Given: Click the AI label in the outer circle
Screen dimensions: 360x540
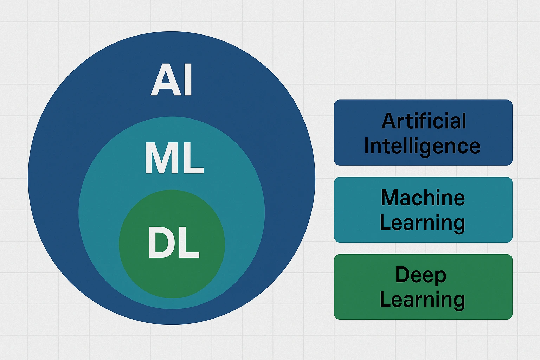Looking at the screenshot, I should pos(172,80).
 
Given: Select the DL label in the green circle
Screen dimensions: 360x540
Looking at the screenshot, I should pos(174,243).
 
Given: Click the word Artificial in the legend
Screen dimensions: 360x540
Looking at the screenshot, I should pos(424,121).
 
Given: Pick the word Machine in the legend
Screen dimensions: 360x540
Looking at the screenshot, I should pos(423,198).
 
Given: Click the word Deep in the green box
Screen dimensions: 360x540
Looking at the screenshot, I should pos(421,275).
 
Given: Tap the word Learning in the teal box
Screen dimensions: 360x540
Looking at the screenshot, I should pos(423,223).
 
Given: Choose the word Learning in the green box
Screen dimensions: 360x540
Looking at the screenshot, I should pos(423,300).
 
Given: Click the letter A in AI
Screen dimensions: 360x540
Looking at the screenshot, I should pos(162,80).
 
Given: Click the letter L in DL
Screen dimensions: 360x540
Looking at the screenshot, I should pos(189,243).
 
